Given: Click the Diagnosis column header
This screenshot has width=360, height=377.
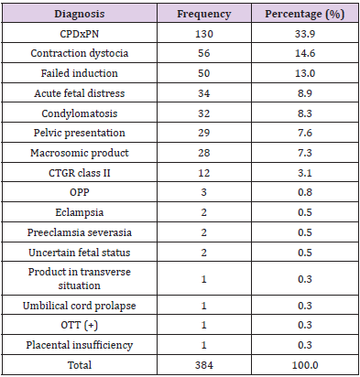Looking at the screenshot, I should [x=78, y=16].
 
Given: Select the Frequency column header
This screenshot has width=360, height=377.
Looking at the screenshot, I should [x=197, y=16].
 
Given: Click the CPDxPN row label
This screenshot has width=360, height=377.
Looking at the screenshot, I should [x=78, y=35].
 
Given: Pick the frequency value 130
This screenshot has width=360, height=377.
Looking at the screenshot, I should [x=197, y=35].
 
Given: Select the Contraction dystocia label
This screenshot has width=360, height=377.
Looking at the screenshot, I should [x=78, y=54].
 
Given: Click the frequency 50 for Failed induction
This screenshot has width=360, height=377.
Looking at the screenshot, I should [x=197, y=74].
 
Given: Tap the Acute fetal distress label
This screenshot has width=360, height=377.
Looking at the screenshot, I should [x=78, y=94].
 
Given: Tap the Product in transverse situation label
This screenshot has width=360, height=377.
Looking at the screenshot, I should [x=78, y=261].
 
